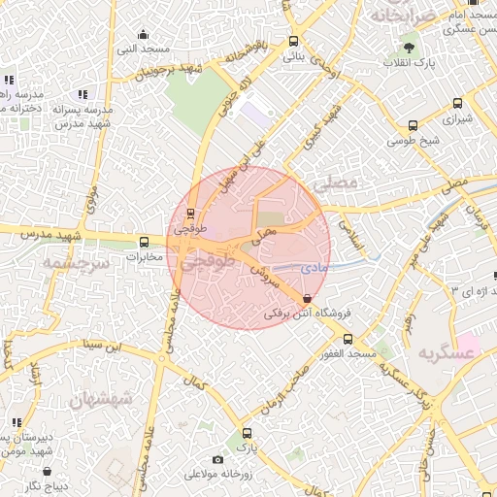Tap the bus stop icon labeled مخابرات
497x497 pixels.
pyautogui.click(x=144, y=242)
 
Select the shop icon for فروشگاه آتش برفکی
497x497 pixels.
pyautogui.click(x=309, y=299)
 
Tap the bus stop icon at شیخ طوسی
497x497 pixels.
pyautogui.click(x=414, y=125)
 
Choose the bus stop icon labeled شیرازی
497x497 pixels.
pyautogui.click(x=455, y=105)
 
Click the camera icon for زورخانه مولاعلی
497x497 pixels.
pyautogui.click(x=217, y=459)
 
